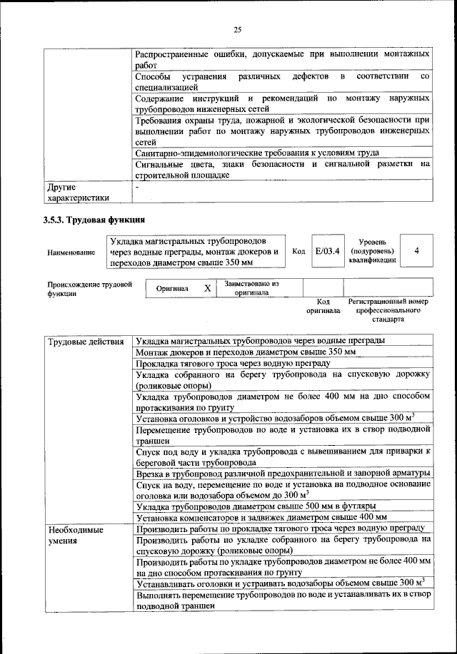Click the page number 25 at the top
click(x=238, y=29)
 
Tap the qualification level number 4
click(x=416, y=251)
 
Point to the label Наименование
click(x=71, y=252)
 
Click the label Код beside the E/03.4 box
click(x=299, y=251)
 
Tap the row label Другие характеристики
click(x=78, y=193)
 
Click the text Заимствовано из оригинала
click(x=251, y=288)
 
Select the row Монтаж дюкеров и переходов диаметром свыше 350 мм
click(x=246, y=352)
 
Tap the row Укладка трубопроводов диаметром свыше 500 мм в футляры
click(x=256, y=506)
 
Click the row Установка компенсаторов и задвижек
click(x=261, y=517)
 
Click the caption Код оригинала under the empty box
click(x=322, y=306)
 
